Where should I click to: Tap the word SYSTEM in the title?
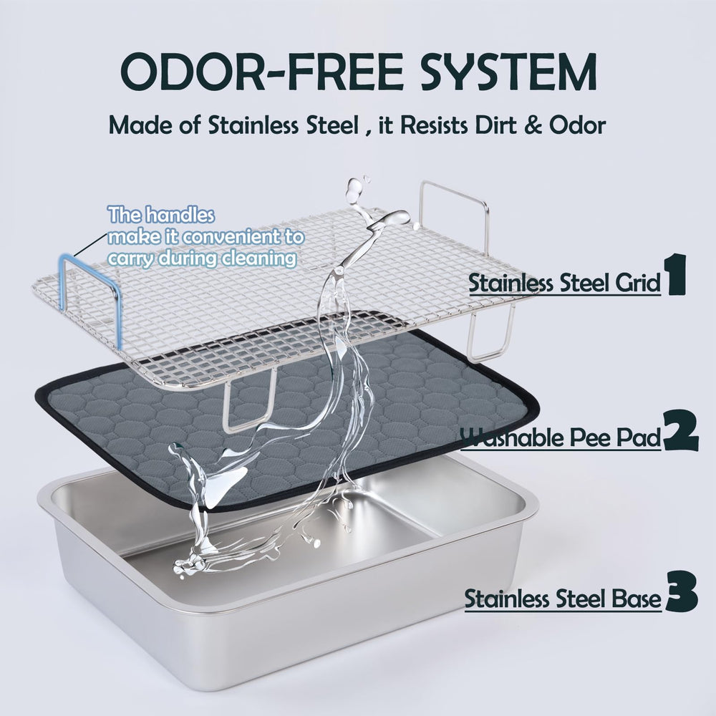click(x=508, y=72)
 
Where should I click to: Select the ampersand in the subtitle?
click(x=533, y=125)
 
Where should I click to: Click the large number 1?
click(x=677, y=274)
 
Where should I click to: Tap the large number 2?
click(x=680, y=430)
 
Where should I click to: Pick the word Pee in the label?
click(x=593, y=437)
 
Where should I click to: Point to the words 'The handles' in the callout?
click(x=160, y=215)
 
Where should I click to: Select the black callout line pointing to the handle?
click(x=89, y=244)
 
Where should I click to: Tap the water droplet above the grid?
click(x=353, y=188)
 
